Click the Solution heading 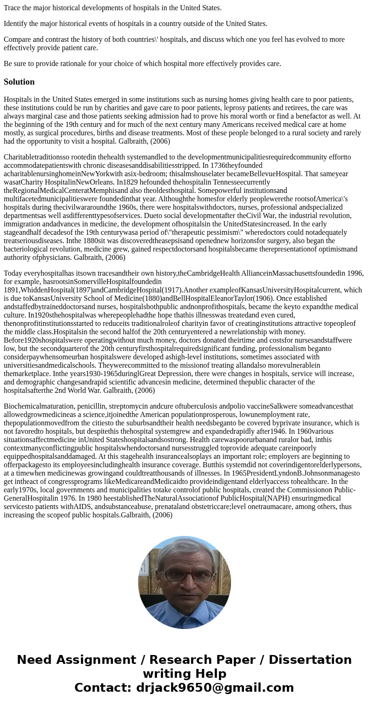coord(19,82)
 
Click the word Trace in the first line coord(13,7)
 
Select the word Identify coord(16,24)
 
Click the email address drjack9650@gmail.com coord(215,688)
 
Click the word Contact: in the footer coord(104,688)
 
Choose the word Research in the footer coord(182,660)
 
